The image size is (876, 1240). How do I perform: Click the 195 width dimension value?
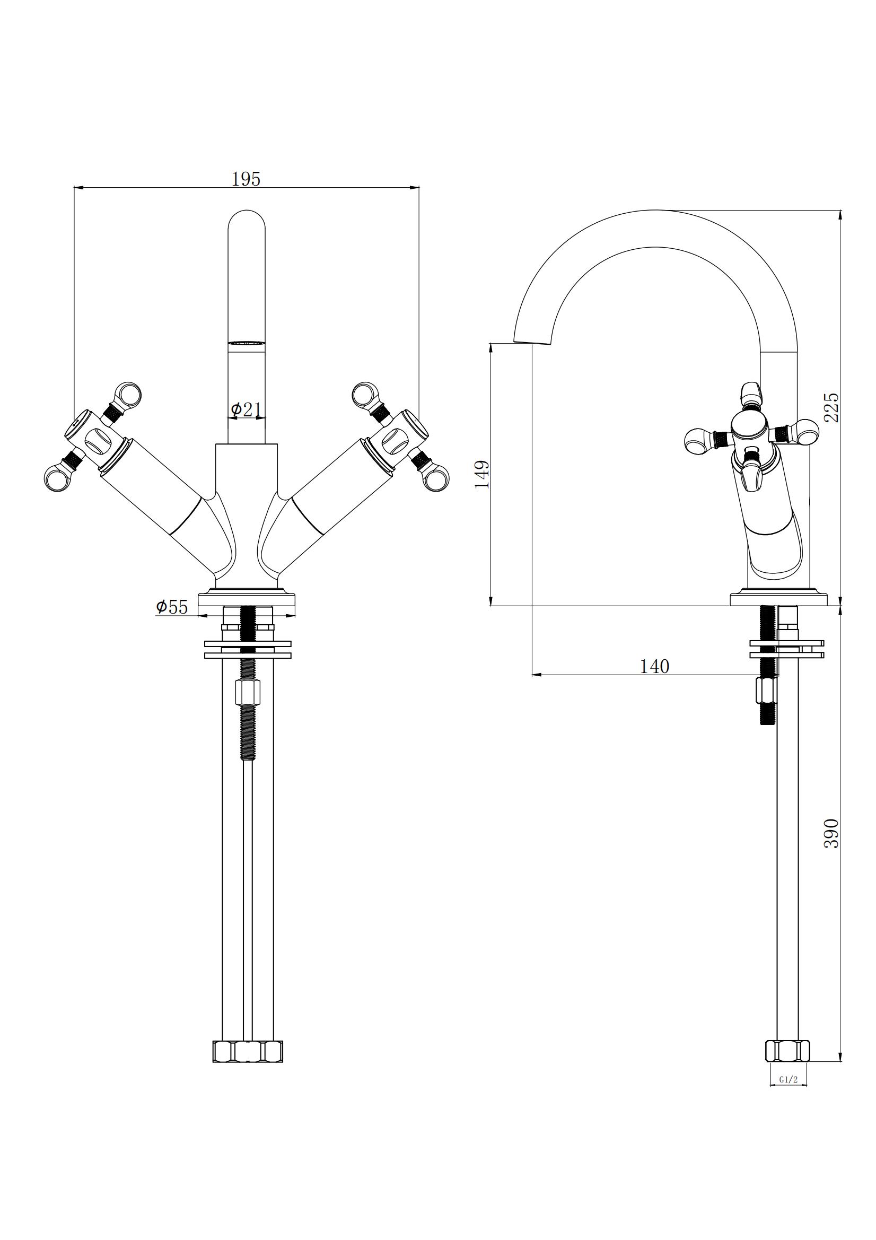click(246, 178)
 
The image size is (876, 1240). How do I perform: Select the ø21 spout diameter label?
click(246, 410)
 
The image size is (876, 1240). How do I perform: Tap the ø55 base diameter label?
click(172, 607)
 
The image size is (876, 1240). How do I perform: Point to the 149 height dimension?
click(483, 474)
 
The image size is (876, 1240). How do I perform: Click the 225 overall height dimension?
click(833, 407)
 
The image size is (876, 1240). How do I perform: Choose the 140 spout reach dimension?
click(654, 667)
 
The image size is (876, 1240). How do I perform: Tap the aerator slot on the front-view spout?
click(247, 343)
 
